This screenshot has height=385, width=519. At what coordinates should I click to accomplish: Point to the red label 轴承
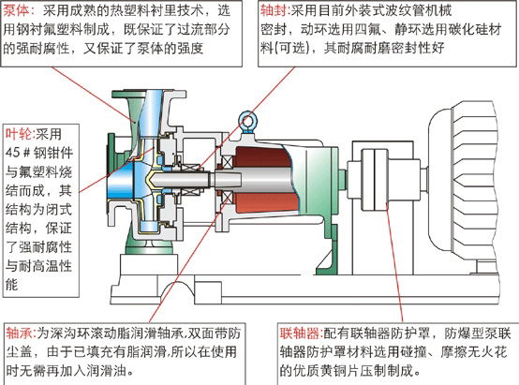tap(19, 333)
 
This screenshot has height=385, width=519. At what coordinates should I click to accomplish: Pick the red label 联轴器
tap(300, 333)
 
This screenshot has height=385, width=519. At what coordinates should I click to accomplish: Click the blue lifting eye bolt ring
tap(247, 119)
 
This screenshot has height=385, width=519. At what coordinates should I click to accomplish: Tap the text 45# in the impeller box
tap(18, 153)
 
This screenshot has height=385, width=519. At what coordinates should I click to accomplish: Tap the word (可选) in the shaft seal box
tap(291, 49)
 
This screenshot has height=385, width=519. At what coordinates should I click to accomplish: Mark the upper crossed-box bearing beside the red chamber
tap(227, 162)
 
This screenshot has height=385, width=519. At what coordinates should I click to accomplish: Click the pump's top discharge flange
tap(149, 94)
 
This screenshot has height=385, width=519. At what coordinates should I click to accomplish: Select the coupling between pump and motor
tap(374, 179)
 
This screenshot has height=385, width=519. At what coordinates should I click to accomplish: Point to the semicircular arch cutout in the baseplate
tap(176, 288)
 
